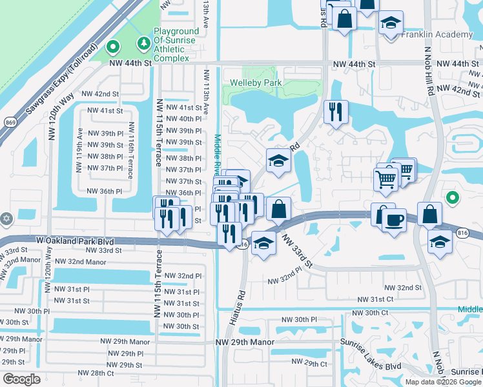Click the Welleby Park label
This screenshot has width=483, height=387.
click(256, 83)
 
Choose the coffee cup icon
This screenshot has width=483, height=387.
click(393, 220)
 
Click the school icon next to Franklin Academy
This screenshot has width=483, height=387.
click(390, 24)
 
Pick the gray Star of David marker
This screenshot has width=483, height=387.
click(6, 218)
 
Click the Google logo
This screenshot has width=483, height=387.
click(22, 379)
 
